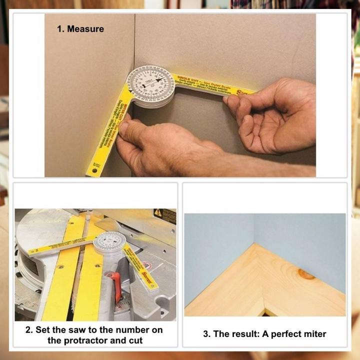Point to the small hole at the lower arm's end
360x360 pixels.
point(91,172)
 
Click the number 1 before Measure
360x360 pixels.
point(60,29)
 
